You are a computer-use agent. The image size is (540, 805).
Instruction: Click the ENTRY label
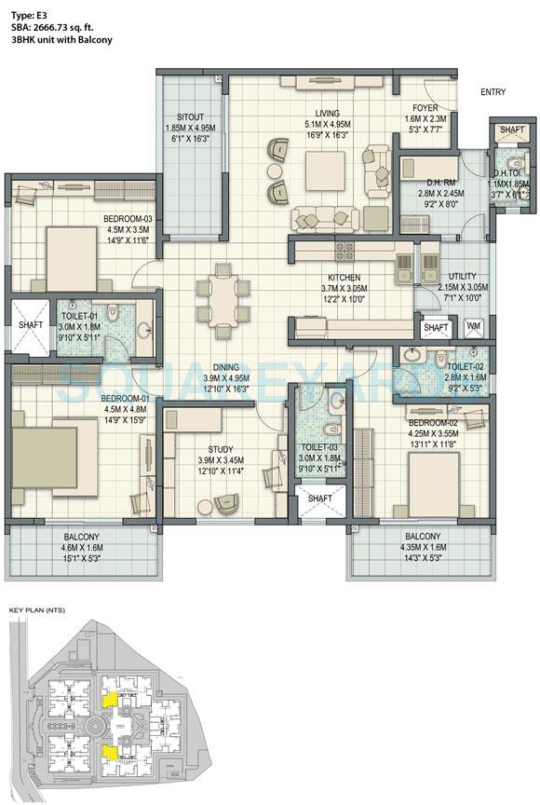493,91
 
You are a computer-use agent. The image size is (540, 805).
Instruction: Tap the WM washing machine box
472,328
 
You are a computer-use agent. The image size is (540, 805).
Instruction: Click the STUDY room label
221,449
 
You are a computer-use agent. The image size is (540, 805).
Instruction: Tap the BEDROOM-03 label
128,220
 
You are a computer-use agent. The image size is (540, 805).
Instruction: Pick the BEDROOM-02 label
432,422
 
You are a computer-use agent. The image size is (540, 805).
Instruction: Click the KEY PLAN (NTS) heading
35,608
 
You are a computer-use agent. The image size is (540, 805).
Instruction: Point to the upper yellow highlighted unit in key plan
109,696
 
